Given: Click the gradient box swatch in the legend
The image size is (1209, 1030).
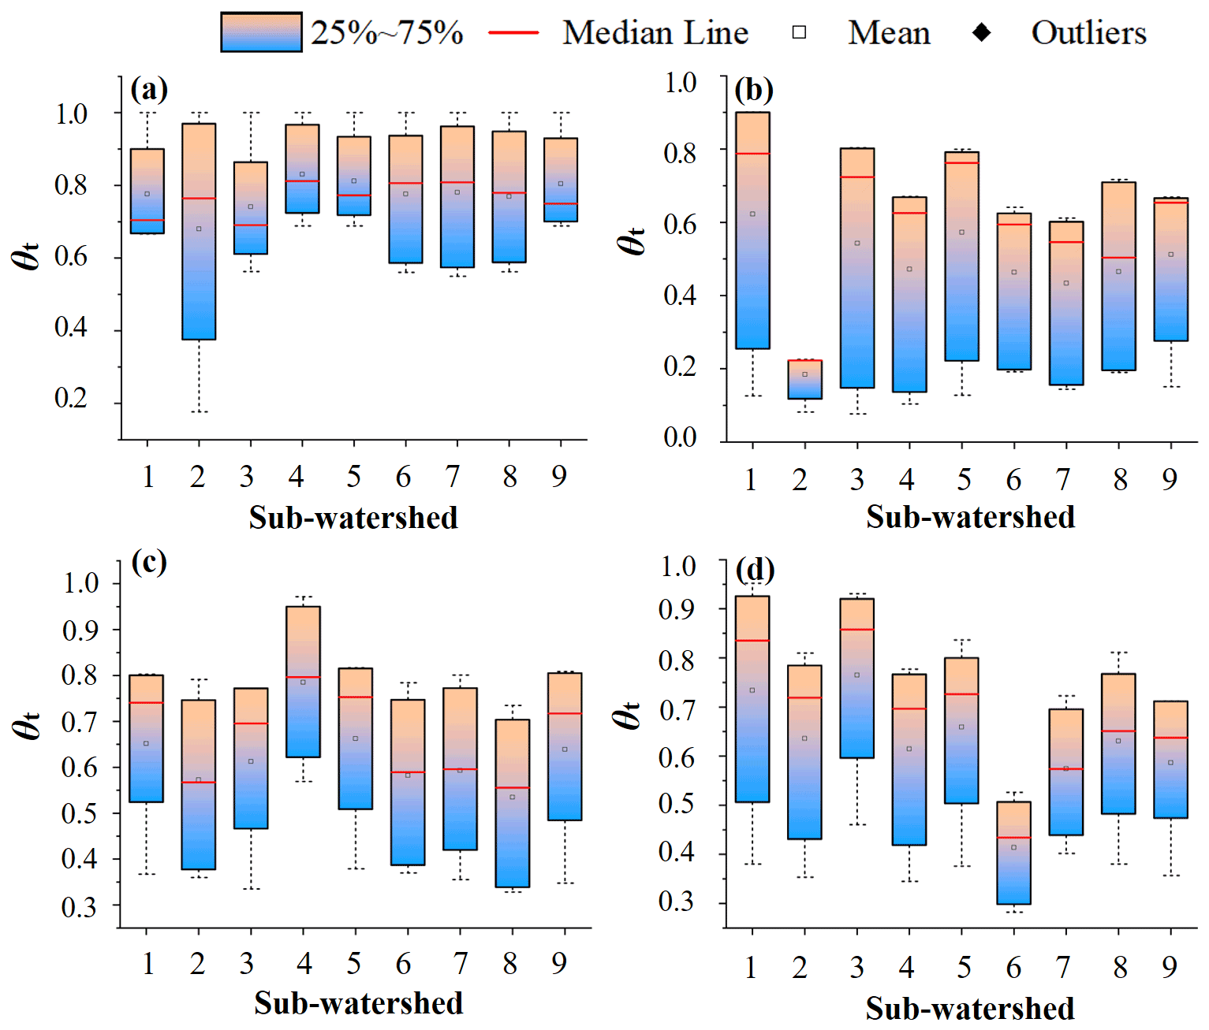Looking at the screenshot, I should pyautogui.click(x=261, y=32).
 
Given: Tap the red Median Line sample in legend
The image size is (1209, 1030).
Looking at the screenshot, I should pyautogui.click(x=513, y=32).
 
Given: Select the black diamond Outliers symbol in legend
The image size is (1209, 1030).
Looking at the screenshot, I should pyautogui.click(x=982, y=32).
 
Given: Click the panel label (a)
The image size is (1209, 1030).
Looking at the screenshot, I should pyautogui.click(x=149, y=89).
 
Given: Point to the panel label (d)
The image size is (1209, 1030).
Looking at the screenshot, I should pyautogui.click(x=755, y=569).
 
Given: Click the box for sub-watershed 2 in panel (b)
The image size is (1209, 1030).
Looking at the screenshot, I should pyautogui.click(x=805, y=379).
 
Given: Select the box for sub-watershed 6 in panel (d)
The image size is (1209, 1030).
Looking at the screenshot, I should pyautogui.click(x=1013, y=853).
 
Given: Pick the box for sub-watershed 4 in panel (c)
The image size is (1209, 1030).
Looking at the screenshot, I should pyautogui.click(x=303, y=682).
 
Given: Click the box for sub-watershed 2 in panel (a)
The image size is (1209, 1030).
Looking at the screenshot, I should pyautogui.click(x=199, y=231).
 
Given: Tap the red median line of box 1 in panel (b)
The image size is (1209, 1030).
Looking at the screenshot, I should pyautogui.click(x=752, y=154).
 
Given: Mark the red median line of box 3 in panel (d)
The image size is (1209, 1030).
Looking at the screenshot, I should pyautogui.click(x=857, y=630).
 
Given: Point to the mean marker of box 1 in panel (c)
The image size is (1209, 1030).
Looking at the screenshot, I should pyautogui.click(x=146, y=743).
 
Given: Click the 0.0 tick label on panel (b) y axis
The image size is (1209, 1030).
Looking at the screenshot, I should pyautogui.click(x=680, y=437).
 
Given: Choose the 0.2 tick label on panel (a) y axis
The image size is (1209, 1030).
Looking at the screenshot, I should pyautogui.click(x=71, y=399).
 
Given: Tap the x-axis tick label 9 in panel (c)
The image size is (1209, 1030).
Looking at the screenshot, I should pyautogui.click(x=559, y=963).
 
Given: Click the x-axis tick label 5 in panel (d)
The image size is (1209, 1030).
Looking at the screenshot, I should pyautogui.click(x=964, y=967).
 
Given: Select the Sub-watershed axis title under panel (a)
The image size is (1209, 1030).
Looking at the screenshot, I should pyautogui.click(x=353, y=518).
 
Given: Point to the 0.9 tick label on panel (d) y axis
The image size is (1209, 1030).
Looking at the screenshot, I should pyautogui.click(x=678, y=609).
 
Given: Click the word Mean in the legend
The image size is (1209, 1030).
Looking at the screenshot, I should pyautogui.click(x=889, y=33).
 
